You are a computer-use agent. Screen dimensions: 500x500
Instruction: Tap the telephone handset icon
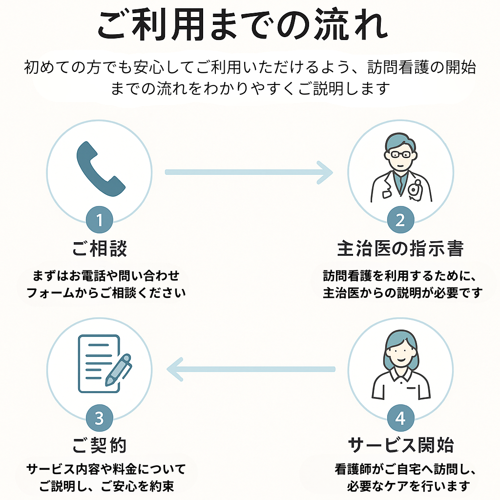pos(101,169)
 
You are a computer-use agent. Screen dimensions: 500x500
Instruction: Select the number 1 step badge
pos(100,221)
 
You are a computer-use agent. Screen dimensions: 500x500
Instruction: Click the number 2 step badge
pos(400,221)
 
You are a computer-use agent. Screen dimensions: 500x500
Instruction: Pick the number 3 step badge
pos(100,418)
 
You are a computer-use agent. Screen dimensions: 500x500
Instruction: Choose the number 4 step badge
pos(400,418)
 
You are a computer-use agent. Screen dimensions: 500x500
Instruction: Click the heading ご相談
pos(100,249)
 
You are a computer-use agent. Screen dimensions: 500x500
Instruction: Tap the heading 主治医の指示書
pos(400,249)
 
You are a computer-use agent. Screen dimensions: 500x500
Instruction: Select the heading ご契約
pos(100,445)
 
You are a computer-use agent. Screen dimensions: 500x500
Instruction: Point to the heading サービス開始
pos(400,445)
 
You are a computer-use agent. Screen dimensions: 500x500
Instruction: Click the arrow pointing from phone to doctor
pos(249,172)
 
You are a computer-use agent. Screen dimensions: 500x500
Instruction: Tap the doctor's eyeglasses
pos(400,154)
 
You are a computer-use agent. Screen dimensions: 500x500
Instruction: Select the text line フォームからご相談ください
pos(106,293)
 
